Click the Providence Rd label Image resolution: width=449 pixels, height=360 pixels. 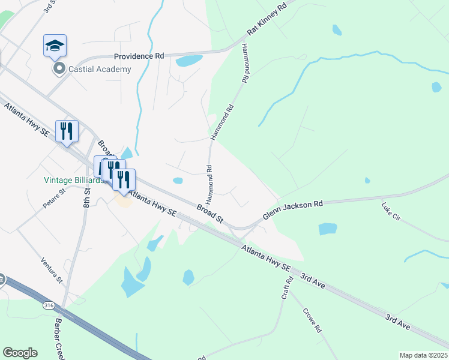coord(139,56)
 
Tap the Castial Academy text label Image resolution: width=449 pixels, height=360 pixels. coord(100,69)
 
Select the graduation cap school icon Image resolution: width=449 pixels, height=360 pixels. coord(55,45)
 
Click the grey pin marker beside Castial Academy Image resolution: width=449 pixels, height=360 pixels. coord(59,69)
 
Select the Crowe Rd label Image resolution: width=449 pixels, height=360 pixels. coord(312,320)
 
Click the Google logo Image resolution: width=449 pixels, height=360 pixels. coord(20,353)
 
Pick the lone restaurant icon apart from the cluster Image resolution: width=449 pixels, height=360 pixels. coord(67,131)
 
